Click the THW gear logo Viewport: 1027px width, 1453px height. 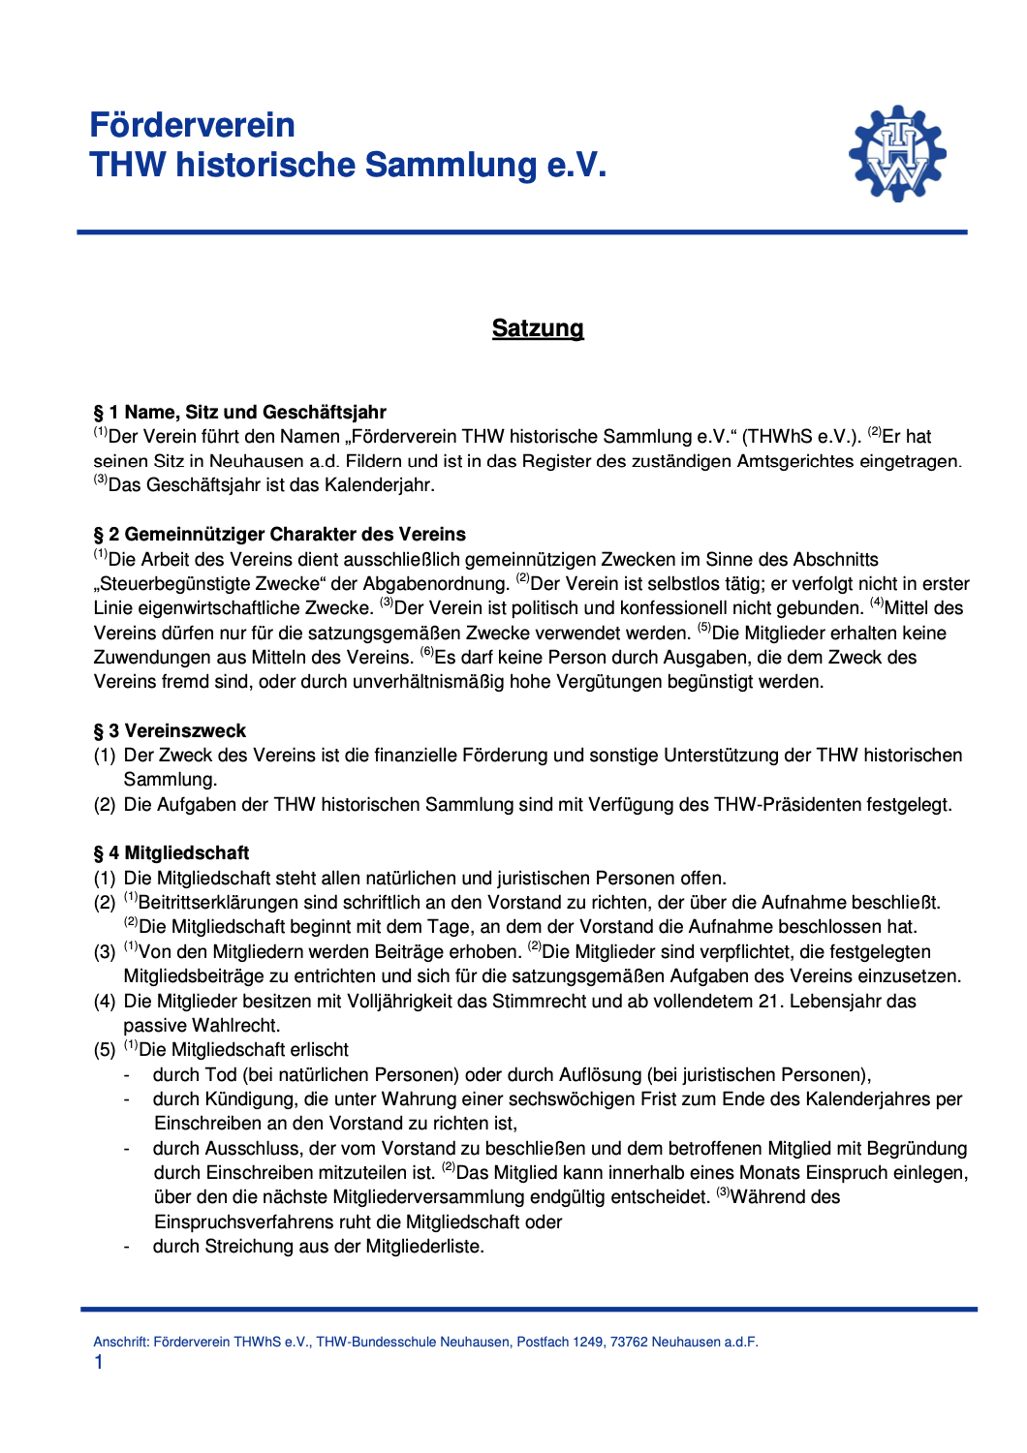click(897, 154)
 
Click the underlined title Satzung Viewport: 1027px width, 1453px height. click(538, 328)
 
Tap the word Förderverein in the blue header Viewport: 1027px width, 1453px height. click(192, 125)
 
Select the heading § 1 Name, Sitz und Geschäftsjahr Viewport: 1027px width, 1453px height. click(239, 413)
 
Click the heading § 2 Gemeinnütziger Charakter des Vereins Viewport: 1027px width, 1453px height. click(279, 535)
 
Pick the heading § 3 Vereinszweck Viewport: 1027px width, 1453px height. click(170, 731)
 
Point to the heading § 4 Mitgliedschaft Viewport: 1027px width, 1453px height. click(171, 853)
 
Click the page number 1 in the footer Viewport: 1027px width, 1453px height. click(99, 1363)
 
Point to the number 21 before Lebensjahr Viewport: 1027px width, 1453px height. click(769, 1002)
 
